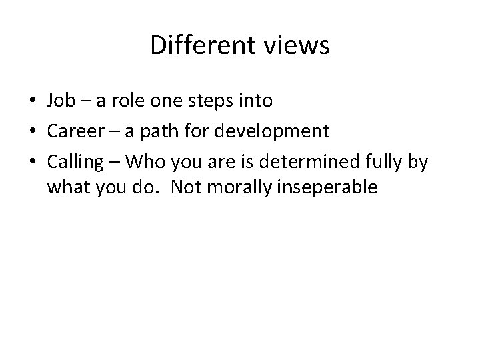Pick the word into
255,101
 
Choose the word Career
73,130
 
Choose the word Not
185,189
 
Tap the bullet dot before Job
32,101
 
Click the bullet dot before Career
32,131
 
